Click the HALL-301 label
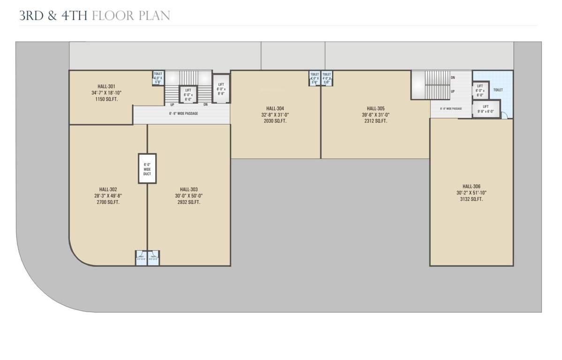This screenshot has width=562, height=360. pyautogui.click(x=106, y=86)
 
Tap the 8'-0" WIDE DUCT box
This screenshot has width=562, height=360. pyautogui.click(x=147, y=168)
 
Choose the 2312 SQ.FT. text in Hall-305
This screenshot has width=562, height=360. pyautogui.click(x=376, y=121)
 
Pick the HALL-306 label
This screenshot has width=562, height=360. pyautogui.click(x=471, y=186)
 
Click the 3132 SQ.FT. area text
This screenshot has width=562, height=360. pyautogui.click(x=471, y=199)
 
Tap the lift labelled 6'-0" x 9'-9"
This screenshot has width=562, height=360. pyautogui.click(x=221, y=88)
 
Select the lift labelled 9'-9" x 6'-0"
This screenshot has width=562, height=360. pyautogui.click(x=486, y=109)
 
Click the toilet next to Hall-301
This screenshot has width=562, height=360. pyautogui.click(x=158, y=77)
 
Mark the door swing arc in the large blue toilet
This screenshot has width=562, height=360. pyautogui.click(x=504, y=115)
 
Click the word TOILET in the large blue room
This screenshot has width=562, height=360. pyautogui.click(x=498, y=90)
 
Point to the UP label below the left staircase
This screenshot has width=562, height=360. pyautogui.click(x=173, y=105)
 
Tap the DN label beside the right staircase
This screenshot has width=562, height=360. pyautogui.click(x=453, y=77)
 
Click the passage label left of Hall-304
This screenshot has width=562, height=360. pyautogui.click(x=183, y=113)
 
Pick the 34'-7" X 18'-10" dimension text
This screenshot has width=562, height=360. pyautogui.click(x=106, y=93)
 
